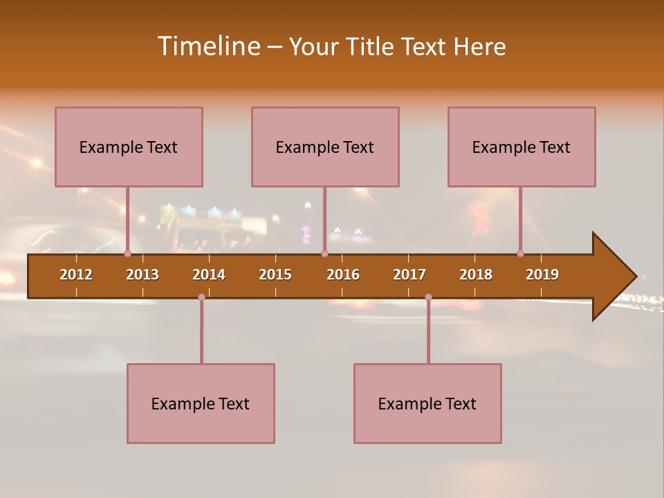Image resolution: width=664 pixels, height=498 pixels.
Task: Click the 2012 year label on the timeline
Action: (x=76, y=275)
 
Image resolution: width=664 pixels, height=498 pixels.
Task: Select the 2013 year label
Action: (x=142, y=275)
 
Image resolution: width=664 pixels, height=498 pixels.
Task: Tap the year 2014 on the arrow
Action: (x=209, y=275)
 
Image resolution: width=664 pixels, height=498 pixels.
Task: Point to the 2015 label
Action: (x=275, y=275)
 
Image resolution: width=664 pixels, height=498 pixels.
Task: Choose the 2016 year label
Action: (x=343, y=275)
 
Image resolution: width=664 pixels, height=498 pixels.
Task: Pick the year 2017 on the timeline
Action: (x=409, y=275)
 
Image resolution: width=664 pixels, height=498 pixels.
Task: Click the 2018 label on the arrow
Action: (x=476, y=275)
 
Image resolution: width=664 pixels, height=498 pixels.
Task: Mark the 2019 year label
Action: (x=542, y=275)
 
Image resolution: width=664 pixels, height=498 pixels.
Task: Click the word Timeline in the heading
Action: (x=207, y=46)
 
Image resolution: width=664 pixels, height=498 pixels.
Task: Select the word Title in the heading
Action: (x=369, y=46)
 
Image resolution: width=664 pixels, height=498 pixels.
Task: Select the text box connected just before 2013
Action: (x=129, y=147)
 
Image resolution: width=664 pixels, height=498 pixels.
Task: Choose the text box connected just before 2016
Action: (x=325, y=147)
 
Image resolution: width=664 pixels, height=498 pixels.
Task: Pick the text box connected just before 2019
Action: (x=522, y=147)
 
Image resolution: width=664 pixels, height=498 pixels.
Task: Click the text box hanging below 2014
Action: (x=201, y=403)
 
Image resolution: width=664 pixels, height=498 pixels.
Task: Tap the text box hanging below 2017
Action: (x=427, y=403)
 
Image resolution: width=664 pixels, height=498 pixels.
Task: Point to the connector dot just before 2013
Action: (x=127, y=253)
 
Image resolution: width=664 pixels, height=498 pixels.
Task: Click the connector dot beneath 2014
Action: (x=201, y=297)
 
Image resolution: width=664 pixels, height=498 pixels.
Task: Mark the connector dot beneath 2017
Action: (x=428, y=297)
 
